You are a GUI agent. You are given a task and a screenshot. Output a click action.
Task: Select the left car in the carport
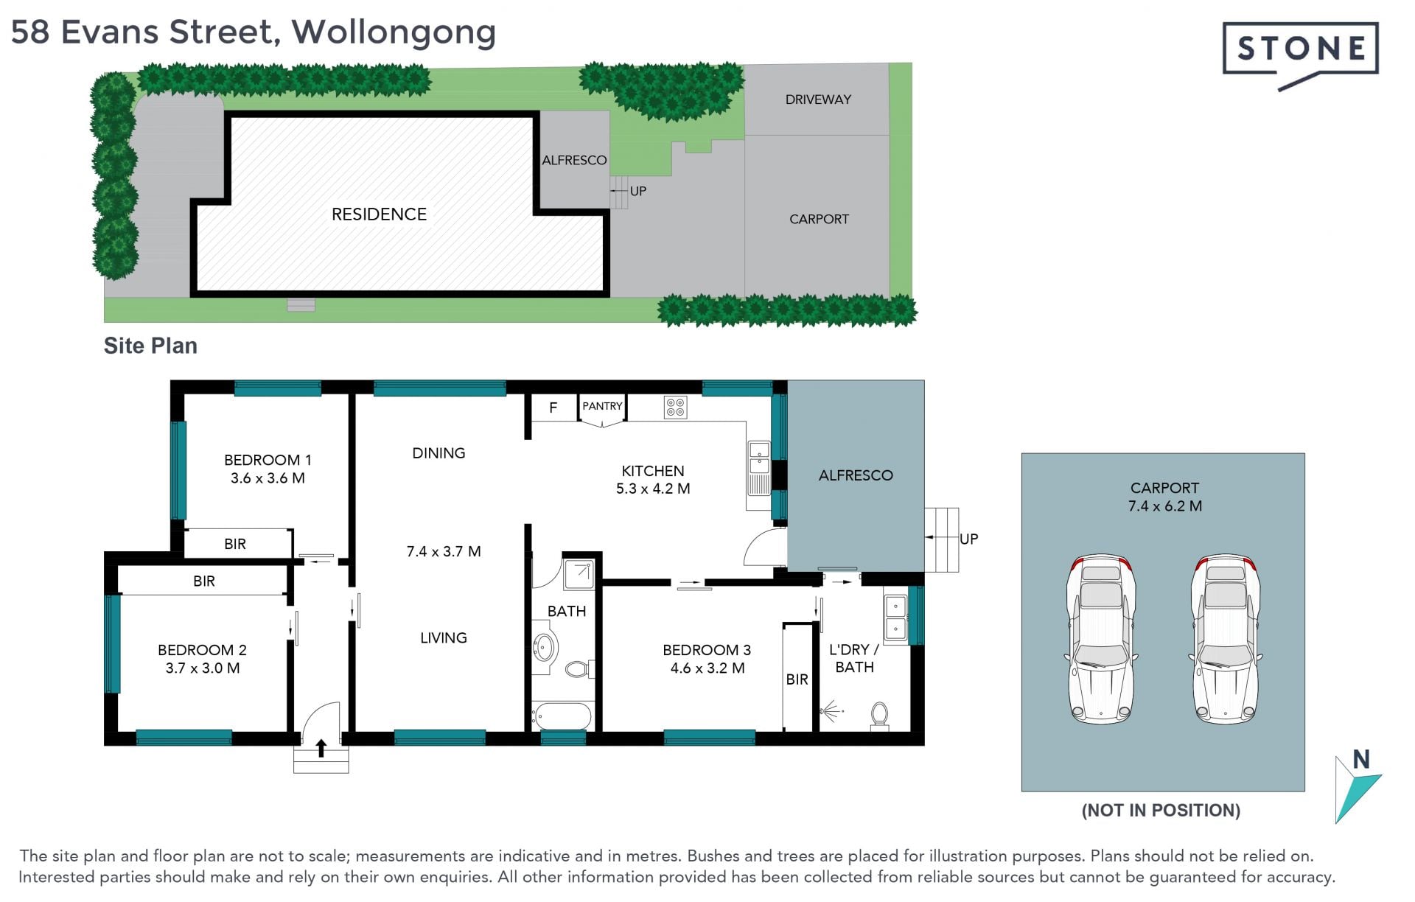click(x=1101, y=639)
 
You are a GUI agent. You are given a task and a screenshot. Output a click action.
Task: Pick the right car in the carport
click(x=1226, y=639)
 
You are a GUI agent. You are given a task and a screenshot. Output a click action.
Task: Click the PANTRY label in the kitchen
click(x=602, y=406)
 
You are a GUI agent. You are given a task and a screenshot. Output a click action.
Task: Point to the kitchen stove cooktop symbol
click(x=676, y=408)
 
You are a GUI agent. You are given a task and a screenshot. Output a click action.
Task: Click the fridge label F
click(x=553, y=408)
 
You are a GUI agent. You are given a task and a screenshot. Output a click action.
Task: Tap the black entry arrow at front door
click(x=321, y=748)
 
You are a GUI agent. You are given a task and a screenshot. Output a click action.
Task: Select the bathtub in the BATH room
click(x=562, y=716)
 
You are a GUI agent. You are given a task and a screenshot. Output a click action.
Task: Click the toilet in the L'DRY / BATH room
click(x=879, y=716)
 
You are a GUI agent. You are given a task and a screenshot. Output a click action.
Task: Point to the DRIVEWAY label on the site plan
click(x=818, y=99)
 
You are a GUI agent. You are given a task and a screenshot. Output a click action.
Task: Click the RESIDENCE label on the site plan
click(x=379, y=214)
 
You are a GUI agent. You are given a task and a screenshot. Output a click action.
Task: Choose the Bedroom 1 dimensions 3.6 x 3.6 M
click(x=268, y=478)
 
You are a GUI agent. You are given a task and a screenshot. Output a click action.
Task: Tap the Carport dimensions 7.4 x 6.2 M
click(x=1164, y=506)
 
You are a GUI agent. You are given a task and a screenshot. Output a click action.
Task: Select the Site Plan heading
click(x=150, y=346)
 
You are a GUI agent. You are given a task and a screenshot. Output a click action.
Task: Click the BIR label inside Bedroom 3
click(x=797, y=679)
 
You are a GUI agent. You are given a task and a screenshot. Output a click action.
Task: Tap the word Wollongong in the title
click(x=394, y=33)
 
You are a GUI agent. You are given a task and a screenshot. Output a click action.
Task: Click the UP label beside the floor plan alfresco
click(x=968, y=539)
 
